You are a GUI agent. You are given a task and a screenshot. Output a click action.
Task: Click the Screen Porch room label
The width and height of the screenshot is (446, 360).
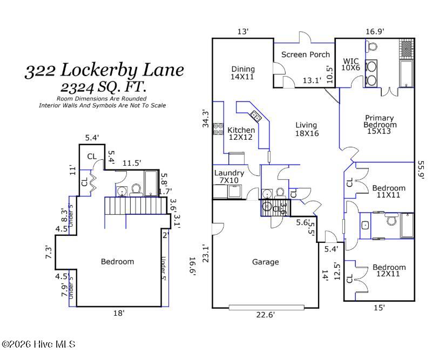[x=306, y=55]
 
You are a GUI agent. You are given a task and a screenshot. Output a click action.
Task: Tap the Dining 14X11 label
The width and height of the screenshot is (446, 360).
[x=242, y=73]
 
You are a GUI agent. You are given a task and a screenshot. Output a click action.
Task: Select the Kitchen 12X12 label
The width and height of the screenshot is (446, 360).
[x=241, y=134]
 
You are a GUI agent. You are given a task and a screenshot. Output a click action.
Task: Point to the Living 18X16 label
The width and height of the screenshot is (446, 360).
[x=307, y=129]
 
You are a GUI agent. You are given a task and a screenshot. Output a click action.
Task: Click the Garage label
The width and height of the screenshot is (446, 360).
[x=265, y=262]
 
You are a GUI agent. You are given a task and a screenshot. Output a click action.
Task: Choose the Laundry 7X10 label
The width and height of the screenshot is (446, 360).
[x=229, y=176]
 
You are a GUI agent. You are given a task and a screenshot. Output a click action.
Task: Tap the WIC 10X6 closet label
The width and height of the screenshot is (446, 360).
[x=351, y=65]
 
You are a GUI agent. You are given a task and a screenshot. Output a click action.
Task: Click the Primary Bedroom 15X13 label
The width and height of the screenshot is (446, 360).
[x=380, y=125]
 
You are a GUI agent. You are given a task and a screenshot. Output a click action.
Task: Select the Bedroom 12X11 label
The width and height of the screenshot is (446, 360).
[x=389, y=270]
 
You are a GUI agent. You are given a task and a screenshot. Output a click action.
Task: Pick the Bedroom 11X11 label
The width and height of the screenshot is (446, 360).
[x=389, y=192]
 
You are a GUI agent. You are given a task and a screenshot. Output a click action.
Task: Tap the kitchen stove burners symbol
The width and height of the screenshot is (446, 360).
[x=218, y=129]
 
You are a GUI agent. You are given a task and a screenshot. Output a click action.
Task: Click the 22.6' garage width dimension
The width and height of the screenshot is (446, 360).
[x=265, y=315]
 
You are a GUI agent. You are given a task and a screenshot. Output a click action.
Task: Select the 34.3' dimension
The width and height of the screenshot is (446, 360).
[x=206, y=119]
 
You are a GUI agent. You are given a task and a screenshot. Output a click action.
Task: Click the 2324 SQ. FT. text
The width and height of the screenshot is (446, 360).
[x=104, y=87]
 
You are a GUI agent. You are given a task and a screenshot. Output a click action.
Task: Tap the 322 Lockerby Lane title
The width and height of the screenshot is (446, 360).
[x=104, y=70]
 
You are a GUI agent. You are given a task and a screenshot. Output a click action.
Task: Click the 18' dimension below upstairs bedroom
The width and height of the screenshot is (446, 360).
[x=119, y=313]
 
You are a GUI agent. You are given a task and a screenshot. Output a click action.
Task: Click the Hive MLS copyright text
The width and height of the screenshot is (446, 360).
[x=38, y=344]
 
